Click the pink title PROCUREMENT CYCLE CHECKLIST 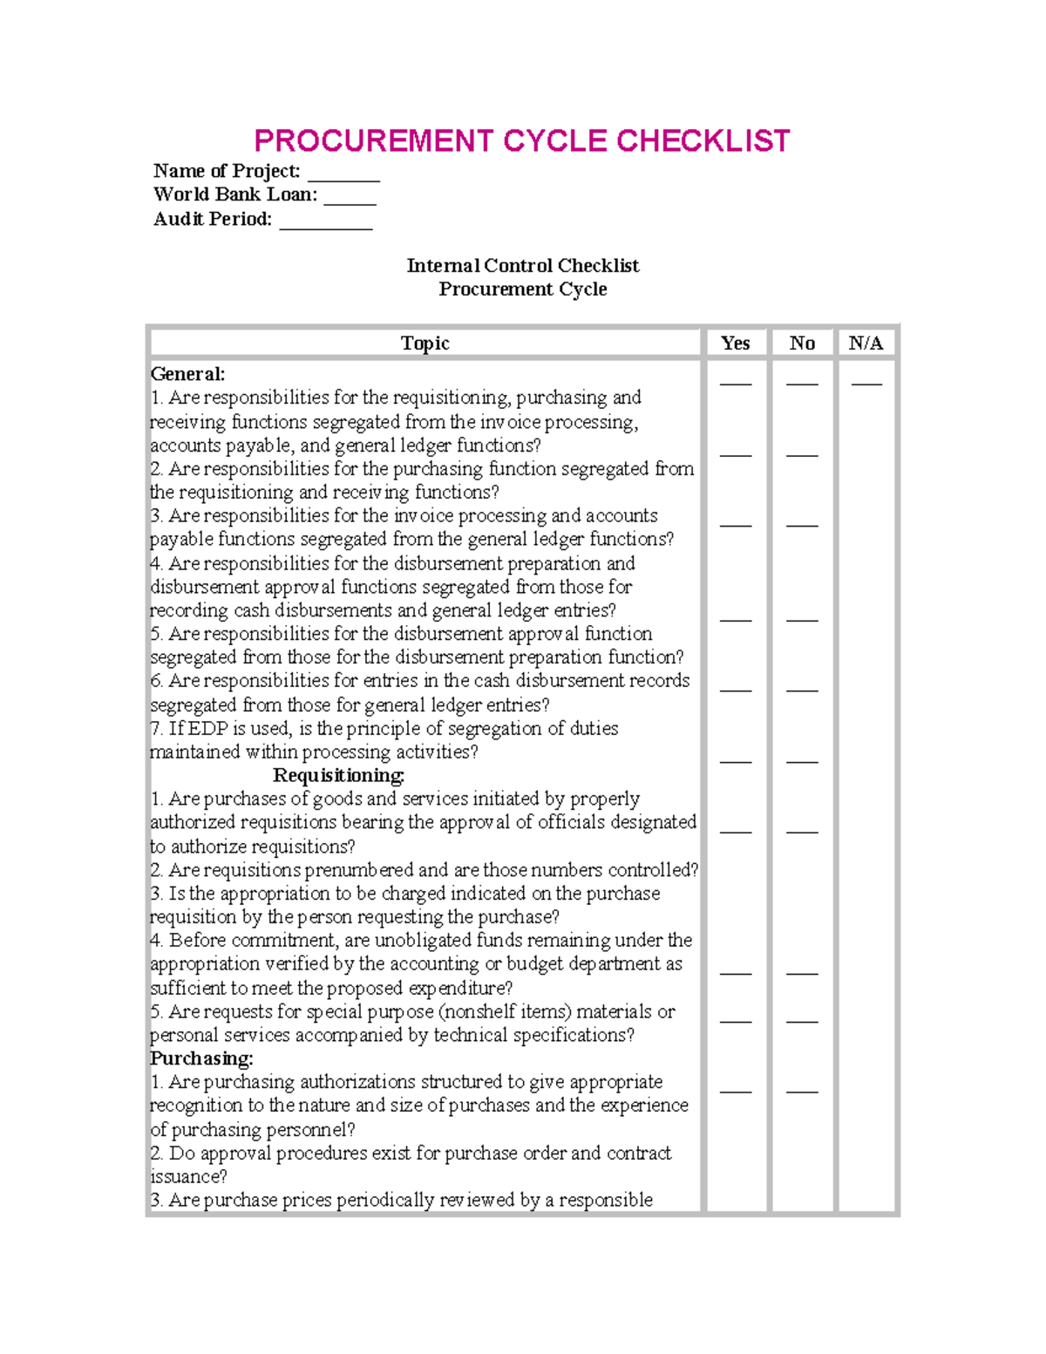coord(521,141)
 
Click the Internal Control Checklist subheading coord(522,266)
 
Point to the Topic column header coord(425,344)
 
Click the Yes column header coord(736,344)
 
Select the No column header coord(802,344)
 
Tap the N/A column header coord(866,344)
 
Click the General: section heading coord(187,374)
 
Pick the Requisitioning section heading coord(338,775)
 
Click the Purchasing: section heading coord(201,1058)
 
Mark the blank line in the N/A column coord(866,383)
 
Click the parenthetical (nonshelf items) coord(505,1011)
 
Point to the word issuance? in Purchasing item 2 coord(188,1177)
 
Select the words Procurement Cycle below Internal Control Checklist coord(522,289)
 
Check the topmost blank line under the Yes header coord(736,383)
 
